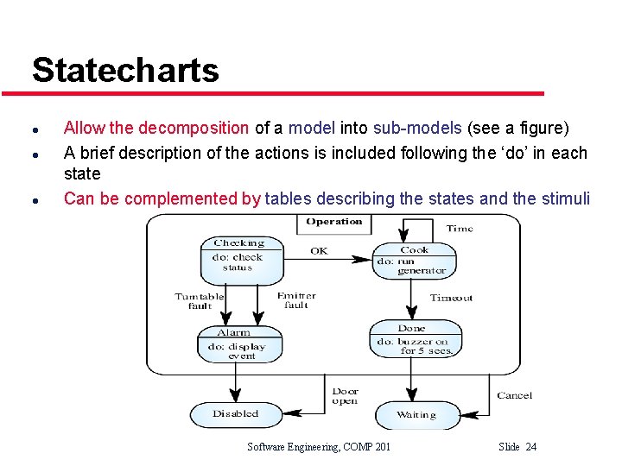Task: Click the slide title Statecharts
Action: click(125, 70)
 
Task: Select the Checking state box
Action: click(242, 261)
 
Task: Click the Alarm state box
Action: click(235, 343)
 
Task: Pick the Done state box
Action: click(413, 340)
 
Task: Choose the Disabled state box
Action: click(235, 414)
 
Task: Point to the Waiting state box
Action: click(416, 415)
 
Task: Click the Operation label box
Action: click(334, 223)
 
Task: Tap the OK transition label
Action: click(319, 251)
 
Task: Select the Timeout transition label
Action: click(451, 299)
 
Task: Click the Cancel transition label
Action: click(514, 395)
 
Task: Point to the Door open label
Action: click(346, 396)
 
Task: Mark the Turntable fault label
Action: click(200, 301)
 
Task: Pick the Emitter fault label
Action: click(296, 300)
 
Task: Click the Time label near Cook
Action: click(459, 229)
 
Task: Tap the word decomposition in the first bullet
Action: click(194, 129)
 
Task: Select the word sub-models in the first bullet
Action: click(417, 129)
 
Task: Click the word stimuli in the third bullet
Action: click(565, 198)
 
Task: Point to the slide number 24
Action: click(530, 446)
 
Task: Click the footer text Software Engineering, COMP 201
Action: click(319, 446)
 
